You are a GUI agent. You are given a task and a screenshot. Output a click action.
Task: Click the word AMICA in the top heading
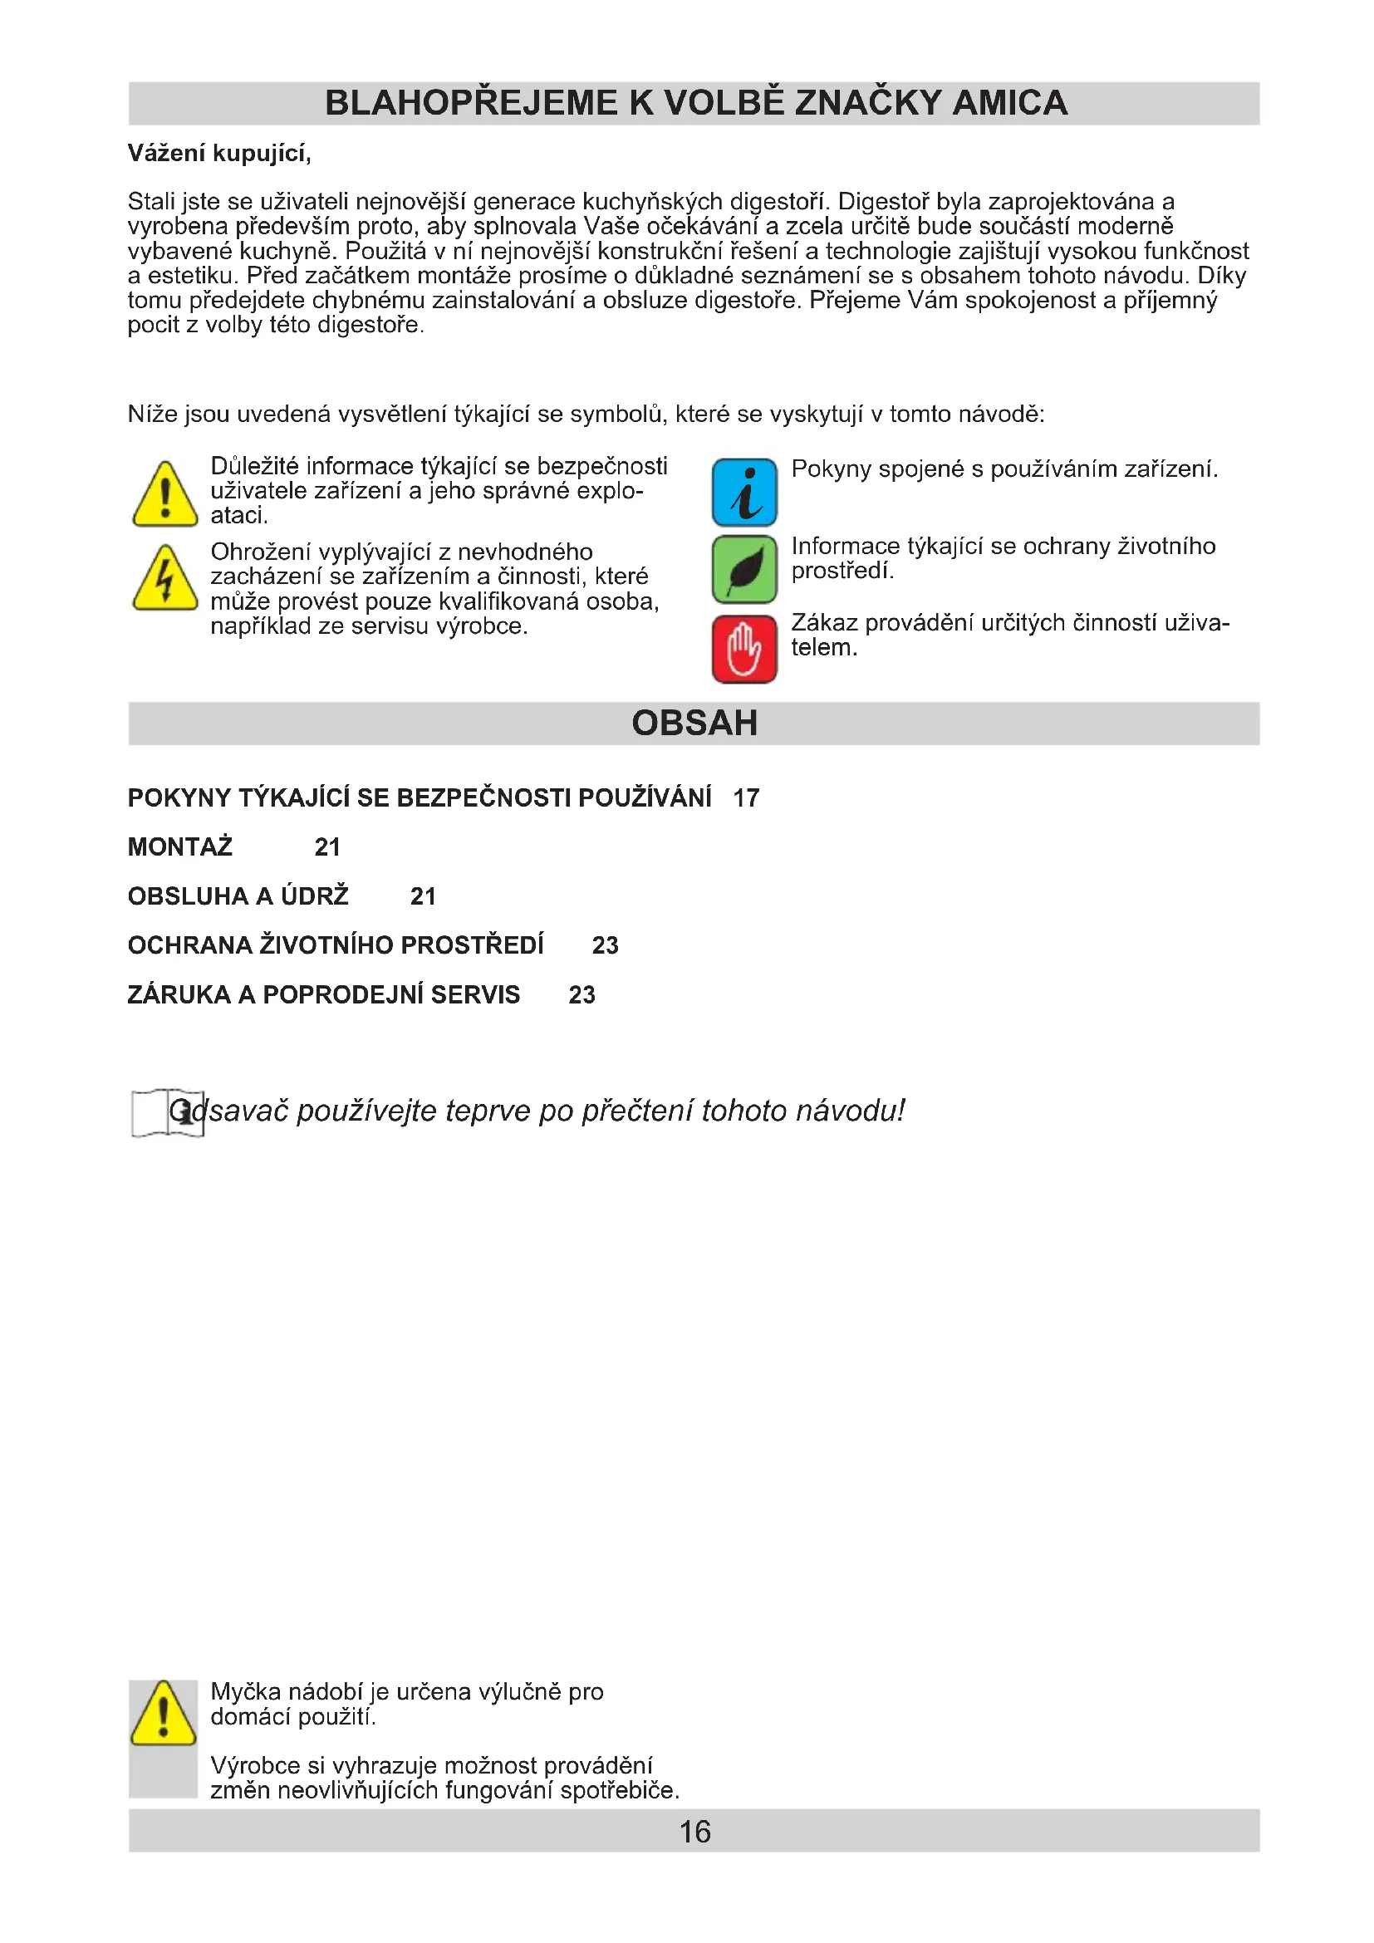point(1009,103)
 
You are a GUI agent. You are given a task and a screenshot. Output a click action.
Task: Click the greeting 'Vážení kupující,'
point(219,153)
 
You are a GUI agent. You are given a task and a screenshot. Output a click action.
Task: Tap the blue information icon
point(743,492)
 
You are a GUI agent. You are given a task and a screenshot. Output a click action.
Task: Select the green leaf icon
point(743,569)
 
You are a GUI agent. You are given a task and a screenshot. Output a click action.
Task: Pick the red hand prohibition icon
point(743,649)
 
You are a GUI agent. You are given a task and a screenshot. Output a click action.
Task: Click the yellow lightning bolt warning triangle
point(165,579)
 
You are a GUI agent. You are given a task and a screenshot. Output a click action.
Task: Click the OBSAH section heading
point(694,724)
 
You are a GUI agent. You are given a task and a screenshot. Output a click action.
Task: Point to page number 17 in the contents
point(745,798)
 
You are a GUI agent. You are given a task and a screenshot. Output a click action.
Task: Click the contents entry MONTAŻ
point(180,847)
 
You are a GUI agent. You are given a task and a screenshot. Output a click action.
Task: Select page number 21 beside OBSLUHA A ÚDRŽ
point(422,896)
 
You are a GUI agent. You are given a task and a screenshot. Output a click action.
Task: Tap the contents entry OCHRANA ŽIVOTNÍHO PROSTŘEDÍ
point(335,945)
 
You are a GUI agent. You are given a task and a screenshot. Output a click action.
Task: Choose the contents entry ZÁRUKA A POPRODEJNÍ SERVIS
point(323,994)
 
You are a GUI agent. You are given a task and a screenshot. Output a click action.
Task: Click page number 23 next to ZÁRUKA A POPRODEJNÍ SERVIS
point(581,994)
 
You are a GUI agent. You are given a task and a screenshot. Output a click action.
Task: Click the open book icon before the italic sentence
point(168,1112)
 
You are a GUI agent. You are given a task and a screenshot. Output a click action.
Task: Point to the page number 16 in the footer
point(694,1833)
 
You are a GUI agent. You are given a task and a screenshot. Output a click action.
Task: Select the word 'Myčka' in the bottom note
point(246,1692)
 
